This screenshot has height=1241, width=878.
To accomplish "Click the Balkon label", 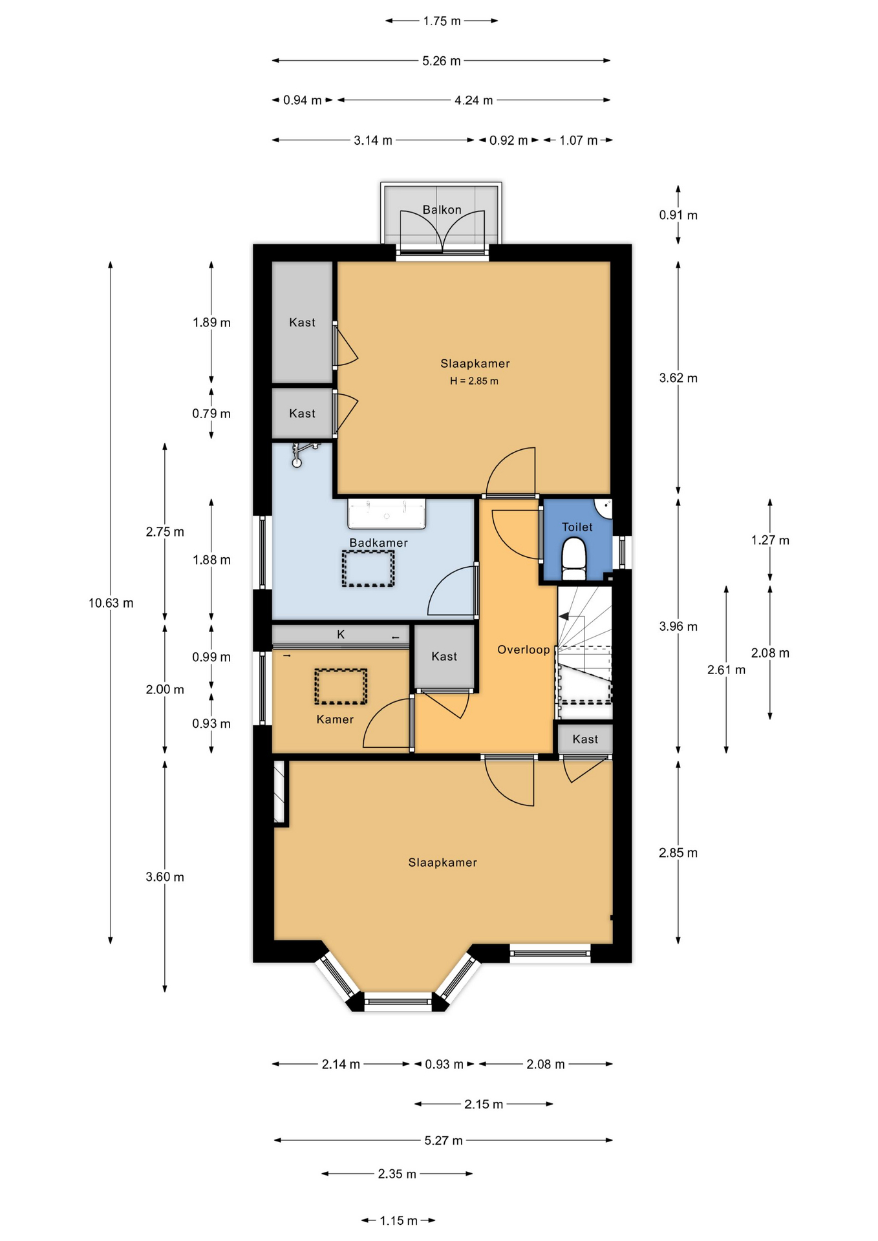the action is coord(442,209).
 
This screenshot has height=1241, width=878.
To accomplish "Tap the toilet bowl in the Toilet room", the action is coord(574,560).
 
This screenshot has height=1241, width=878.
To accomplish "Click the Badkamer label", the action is coord(378,543).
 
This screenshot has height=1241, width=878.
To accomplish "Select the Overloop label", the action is coord(524,650).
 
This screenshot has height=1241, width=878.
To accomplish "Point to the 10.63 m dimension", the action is coord(111,603).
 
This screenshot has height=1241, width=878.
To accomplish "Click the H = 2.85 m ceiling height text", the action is coord(475,381).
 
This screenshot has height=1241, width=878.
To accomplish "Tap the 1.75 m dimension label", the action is coord(442,21).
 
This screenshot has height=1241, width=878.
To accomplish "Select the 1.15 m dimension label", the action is coord(398,1221).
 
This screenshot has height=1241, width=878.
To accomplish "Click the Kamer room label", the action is coord(335,719).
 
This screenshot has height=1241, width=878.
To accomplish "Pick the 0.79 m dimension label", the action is coord(211,414).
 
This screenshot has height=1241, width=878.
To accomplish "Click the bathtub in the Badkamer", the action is coord(387,514).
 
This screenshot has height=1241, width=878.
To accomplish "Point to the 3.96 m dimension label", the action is coord(678,626).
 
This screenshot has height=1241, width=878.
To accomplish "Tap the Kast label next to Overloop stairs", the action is coord(585,739).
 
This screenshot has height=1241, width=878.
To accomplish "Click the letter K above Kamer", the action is coord(341,635).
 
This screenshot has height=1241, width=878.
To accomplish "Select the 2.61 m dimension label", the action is coord(726,670).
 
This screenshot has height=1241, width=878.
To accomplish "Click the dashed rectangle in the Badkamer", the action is coord(368,569).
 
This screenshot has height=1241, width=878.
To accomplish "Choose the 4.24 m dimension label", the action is coord(474,100).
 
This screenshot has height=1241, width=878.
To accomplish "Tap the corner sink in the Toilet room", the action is coord(605,509).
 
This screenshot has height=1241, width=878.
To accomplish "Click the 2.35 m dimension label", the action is coord(397,1174).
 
